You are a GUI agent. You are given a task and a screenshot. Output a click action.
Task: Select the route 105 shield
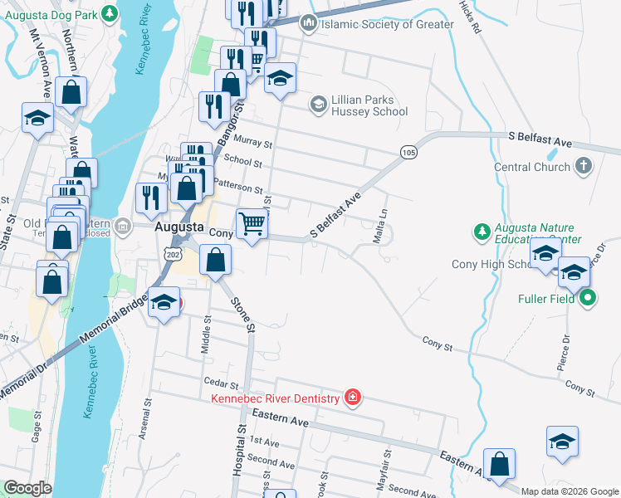pos(408,152)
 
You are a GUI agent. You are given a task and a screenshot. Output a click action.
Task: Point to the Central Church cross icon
pos(584,167)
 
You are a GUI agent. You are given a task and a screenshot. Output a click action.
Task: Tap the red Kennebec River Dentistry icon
pos(353,398)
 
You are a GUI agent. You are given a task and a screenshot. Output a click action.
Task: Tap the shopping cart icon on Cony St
pos(252,223)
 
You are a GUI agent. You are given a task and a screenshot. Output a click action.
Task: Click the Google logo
pos(27,488)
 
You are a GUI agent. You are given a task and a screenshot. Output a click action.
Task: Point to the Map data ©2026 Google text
pos(569,491)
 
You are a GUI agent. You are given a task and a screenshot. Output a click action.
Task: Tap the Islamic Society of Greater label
pos(387,24)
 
